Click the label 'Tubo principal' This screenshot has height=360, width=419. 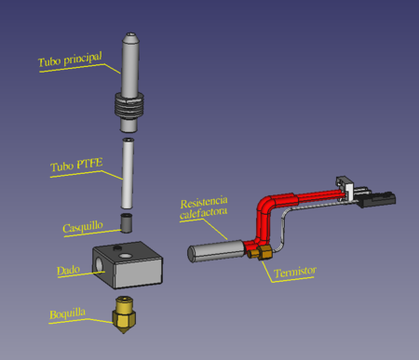tap(70, 60)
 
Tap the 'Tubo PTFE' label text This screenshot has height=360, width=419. tap(76, 165)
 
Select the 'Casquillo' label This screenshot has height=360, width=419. tap(83, 227)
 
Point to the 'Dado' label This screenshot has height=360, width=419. tap(68, 270)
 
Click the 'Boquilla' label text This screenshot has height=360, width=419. tap(67, 313)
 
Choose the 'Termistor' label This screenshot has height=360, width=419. tap(295, 272)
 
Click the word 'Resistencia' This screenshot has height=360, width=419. tap(204, 202)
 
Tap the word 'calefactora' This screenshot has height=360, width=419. tap(203, 213)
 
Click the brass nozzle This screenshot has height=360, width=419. tap(124, 314)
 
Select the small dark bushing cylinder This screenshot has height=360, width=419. tap(127, 222)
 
